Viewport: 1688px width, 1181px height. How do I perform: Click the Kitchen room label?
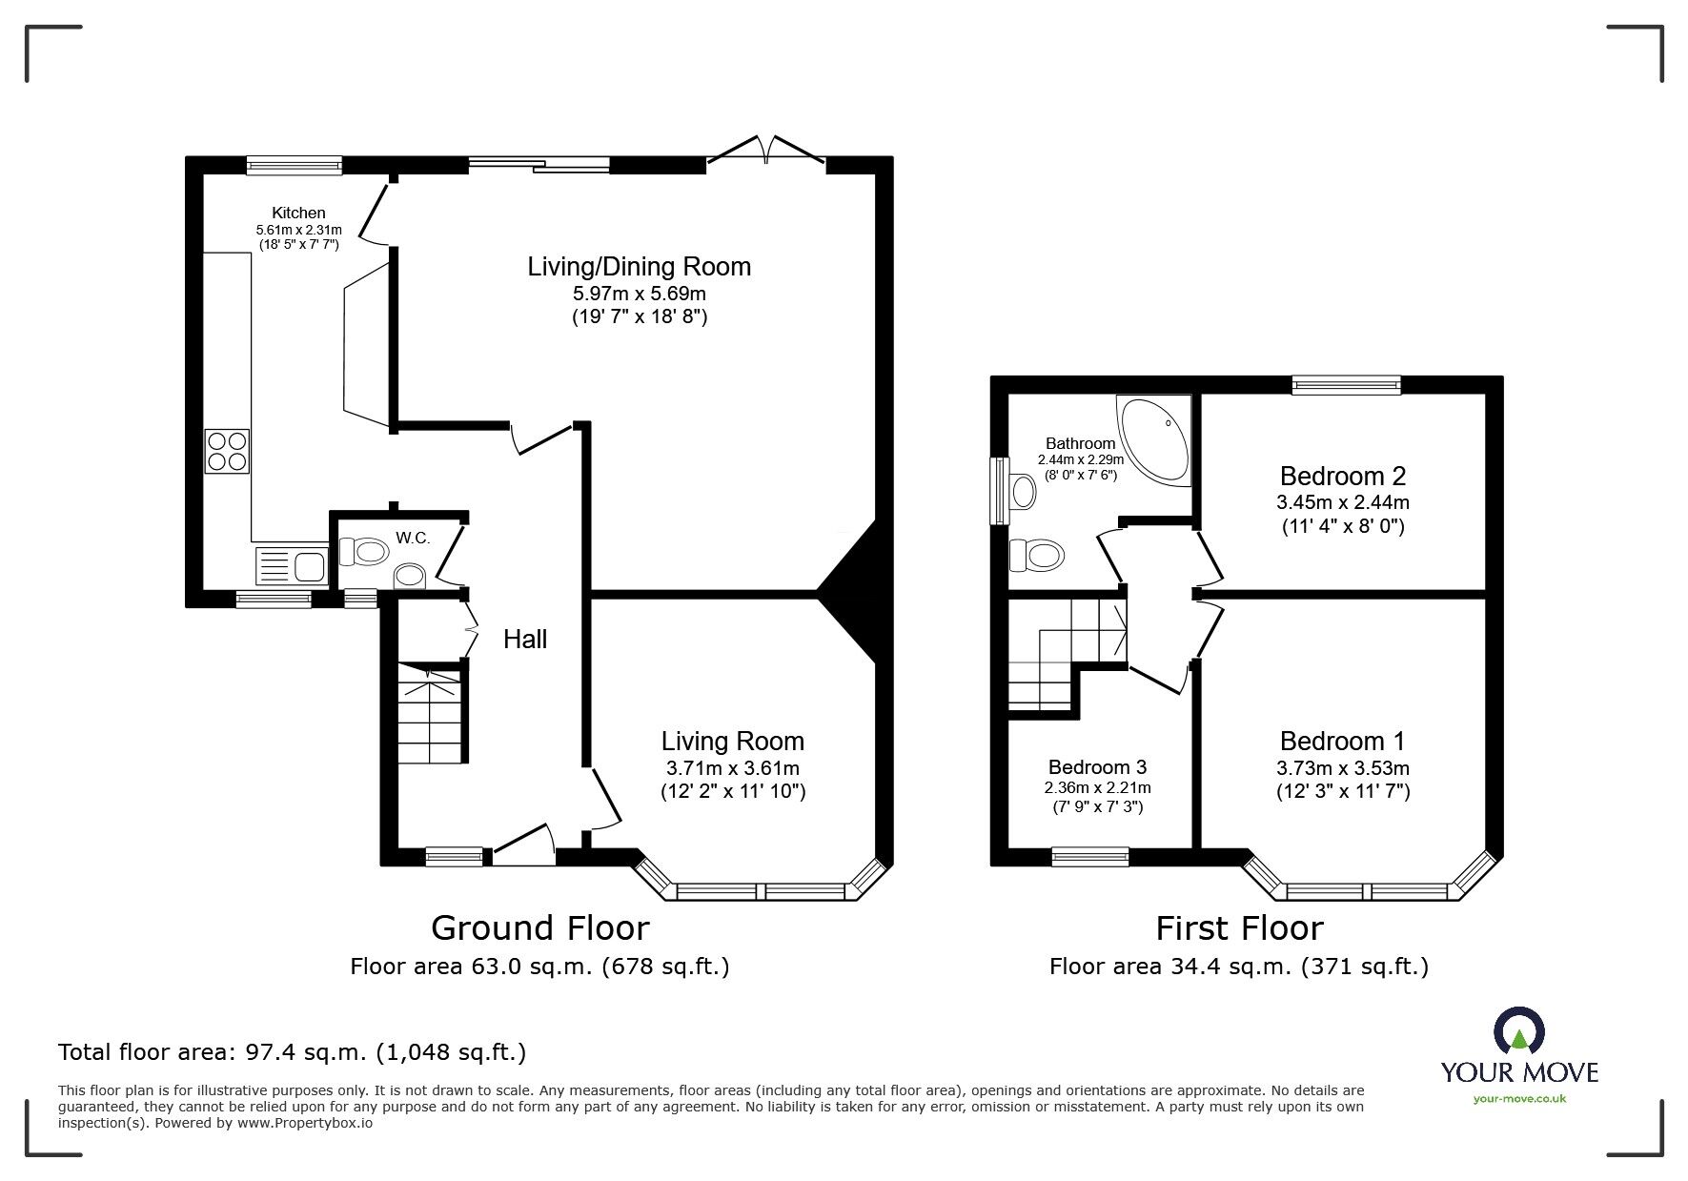298,213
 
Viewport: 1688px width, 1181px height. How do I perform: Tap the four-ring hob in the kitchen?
227,452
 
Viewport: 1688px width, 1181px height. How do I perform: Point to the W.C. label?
413,539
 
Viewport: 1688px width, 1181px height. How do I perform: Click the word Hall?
525,640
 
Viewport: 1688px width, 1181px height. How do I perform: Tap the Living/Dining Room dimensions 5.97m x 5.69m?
639,294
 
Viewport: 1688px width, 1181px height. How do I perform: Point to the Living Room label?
732,741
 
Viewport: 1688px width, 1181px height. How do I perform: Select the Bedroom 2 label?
1342,476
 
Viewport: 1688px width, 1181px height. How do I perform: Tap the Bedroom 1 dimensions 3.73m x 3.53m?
1342,768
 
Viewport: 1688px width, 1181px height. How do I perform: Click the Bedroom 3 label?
1097,767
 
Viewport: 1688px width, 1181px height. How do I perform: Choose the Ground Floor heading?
539,927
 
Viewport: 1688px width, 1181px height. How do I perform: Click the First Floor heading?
1239,927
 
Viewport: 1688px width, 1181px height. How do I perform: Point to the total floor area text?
292,1052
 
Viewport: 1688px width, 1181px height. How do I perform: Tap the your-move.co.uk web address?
1519,1099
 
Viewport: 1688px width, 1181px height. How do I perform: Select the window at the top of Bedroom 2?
1346,385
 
